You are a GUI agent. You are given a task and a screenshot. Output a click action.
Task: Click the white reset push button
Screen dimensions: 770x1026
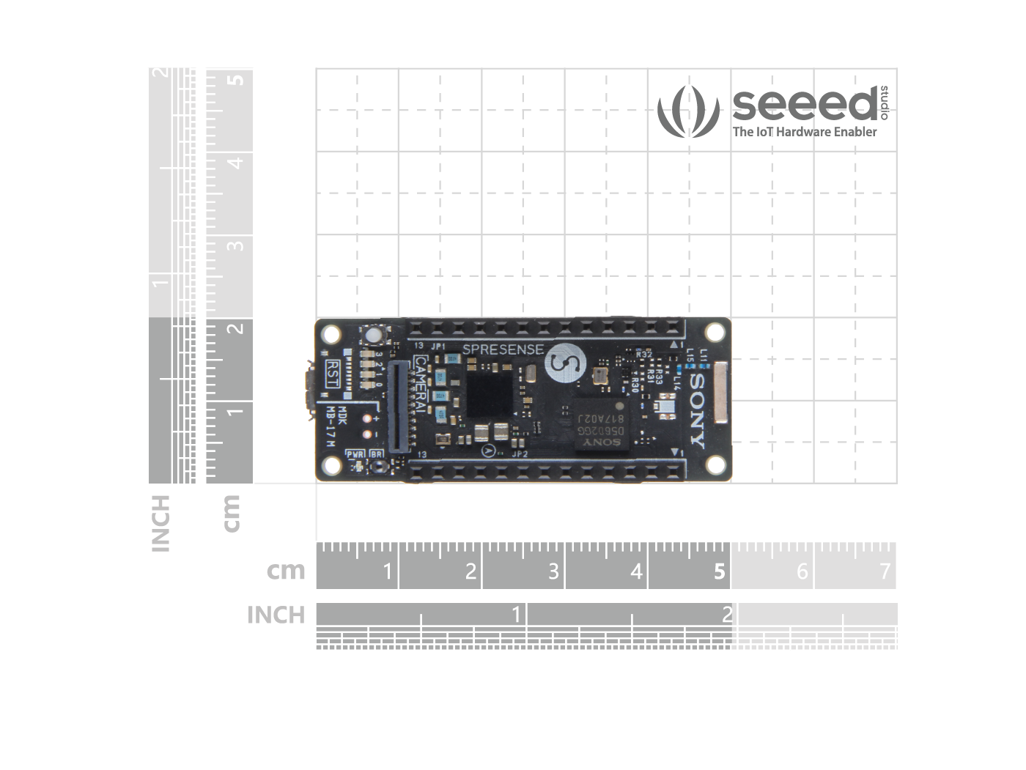374,336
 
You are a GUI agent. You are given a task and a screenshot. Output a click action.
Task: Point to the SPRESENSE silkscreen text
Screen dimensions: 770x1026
503,349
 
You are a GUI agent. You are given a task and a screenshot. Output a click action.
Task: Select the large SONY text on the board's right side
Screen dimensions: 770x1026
697,411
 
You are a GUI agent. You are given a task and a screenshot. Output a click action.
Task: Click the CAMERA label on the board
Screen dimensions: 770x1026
421,385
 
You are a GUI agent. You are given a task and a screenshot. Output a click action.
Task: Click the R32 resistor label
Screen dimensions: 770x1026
644,355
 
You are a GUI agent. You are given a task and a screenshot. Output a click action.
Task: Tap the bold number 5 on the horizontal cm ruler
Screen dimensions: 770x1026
720,571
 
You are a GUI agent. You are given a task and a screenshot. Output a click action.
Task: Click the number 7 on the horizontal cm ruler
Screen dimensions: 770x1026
885,571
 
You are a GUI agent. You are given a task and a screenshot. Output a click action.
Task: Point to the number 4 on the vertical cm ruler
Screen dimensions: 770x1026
235,162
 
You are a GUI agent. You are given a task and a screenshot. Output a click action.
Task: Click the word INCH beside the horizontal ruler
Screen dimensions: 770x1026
276,615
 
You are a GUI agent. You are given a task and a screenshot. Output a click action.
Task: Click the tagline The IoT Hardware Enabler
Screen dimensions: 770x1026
805,132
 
